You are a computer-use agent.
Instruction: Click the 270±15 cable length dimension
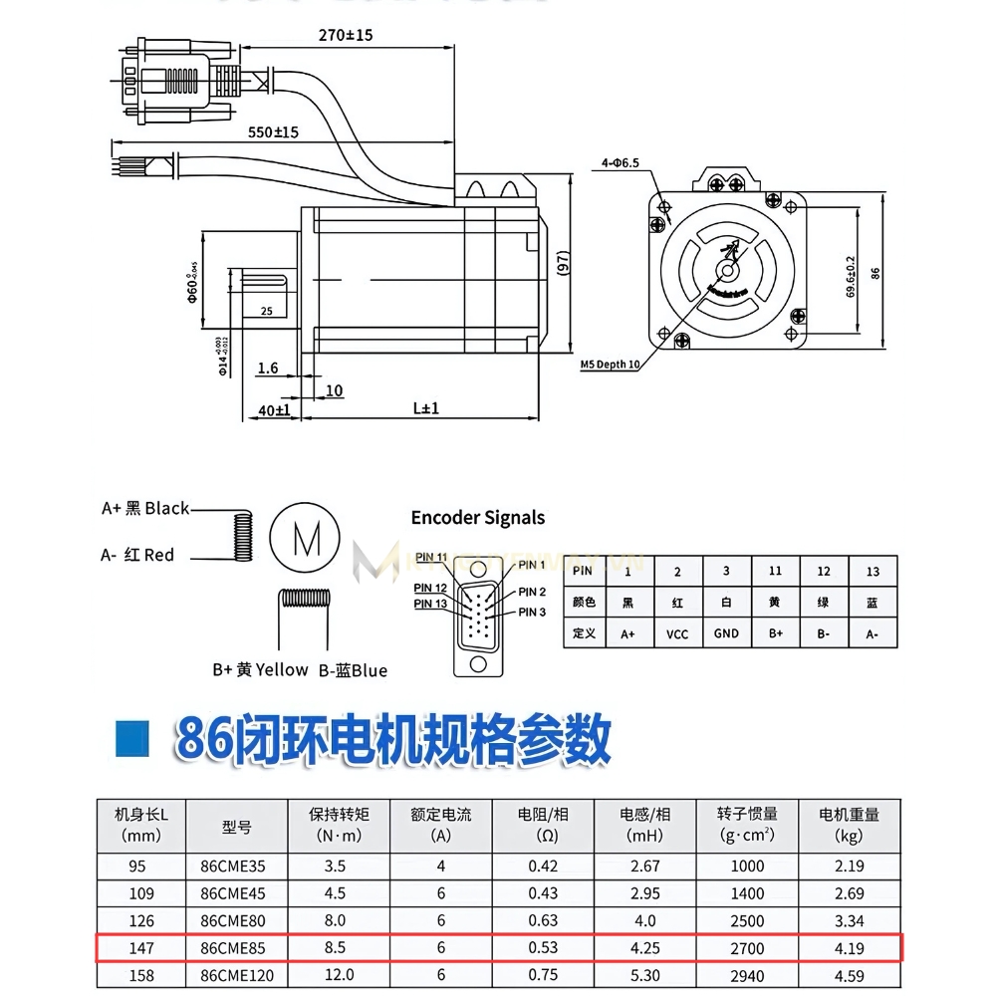346,35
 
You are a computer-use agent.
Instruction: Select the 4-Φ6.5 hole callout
620,161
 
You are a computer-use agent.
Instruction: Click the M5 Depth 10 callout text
610,365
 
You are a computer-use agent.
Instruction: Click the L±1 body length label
425,408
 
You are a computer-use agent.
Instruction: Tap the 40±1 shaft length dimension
274,409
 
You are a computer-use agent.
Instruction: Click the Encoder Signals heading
478,518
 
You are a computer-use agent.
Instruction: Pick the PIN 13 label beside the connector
430,604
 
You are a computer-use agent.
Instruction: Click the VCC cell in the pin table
677,633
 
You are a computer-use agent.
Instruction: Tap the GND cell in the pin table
726,633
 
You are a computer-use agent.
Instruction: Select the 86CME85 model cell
232,948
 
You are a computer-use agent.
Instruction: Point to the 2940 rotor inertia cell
747,975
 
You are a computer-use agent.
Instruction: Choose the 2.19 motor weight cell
849,867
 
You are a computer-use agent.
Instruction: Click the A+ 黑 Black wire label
145,509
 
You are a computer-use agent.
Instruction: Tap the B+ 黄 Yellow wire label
260,669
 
